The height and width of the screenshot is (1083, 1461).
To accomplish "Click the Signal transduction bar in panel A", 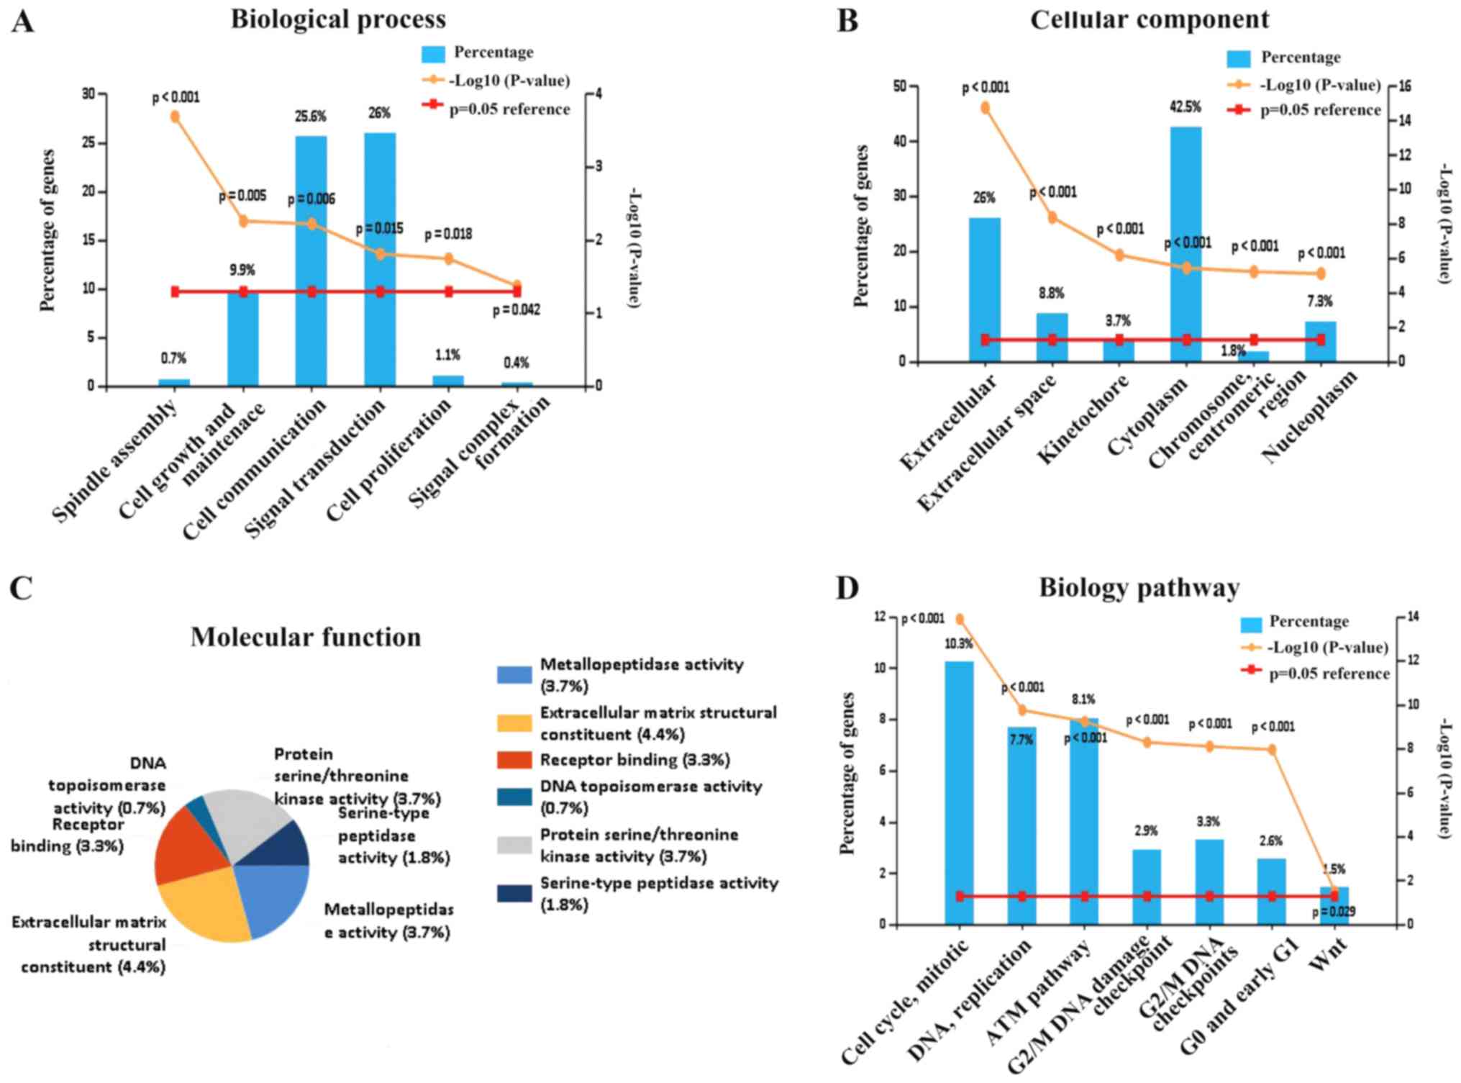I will (x=380, y=259).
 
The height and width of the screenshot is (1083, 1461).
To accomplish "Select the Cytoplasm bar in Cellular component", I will (x=1186, y=245).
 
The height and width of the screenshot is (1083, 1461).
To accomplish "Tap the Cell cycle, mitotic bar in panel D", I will (x=959, y=792).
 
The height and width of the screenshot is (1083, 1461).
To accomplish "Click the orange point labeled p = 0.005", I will (x=243, y=221).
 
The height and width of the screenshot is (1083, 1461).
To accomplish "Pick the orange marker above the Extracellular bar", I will (x=986, y=108).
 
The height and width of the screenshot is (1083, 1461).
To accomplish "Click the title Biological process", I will (x=338, y=19).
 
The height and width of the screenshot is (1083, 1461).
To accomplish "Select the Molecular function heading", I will (x=306, y=638).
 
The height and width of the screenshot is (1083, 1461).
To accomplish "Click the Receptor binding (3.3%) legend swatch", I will (x=514, y=760).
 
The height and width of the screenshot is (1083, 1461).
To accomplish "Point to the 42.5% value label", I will (x=1185, y=107).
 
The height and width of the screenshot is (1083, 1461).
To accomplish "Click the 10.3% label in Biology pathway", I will (x=958, y=644).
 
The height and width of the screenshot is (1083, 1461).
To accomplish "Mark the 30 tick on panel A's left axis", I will (x=88, y=94).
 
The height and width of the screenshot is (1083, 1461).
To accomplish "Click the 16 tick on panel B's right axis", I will (x=1404, y=86).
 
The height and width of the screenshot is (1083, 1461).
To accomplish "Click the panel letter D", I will (x=847, y=588).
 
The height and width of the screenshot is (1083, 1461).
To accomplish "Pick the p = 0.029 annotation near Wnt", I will (x=1333, y=912).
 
